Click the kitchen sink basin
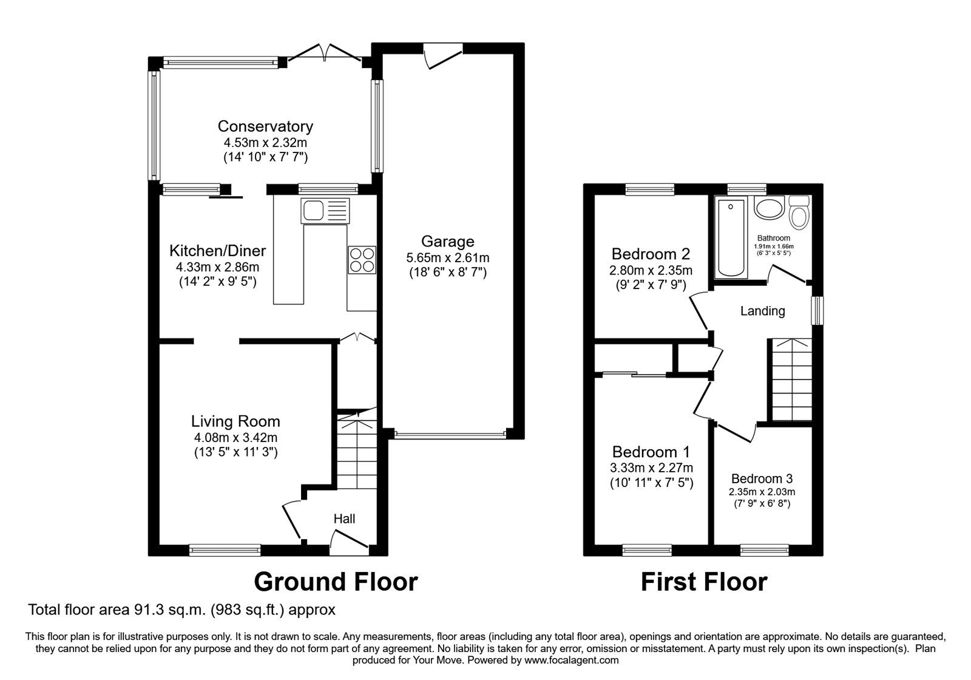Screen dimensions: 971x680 pyautogui.click(x=313, y=211)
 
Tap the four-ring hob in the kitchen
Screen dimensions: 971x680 pyautogui.click(x=362, y=260)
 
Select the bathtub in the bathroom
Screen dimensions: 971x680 pyautogui.click(x=731, y=237)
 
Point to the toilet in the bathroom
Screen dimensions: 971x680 pyautogui.click(x=799, y=212)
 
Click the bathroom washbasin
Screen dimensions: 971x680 pyautogui.click(x=770, y=208)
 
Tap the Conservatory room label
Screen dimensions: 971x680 pyautogui.click(x=265, y=126)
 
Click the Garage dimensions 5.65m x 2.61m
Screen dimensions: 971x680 pyautogui.click(x=448, y=257)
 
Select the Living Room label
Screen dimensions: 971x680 pyautogui.click(x=235, y=421)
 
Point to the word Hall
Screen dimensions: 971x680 pyautogui.click(x=344, y=518)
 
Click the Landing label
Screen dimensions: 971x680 pyautogui.click(x=762, y=311)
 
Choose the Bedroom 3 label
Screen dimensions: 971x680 pyautogui.click(x=762, y=479)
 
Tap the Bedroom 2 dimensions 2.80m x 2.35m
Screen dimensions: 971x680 pyautogui.click(x=651, y=271)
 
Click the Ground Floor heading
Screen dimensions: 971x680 pyautogui.click(x=336, y=582)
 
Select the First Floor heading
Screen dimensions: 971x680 pyautogui.click(x=704, y=582)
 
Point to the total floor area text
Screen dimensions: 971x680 pyautogui.click(x=181, y=610)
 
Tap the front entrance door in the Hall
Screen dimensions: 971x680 pyautogui.click(x=349, y=542)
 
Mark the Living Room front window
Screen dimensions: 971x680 pyautogui.click(x=225, y=550)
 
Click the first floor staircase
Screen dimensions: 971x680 pyautogui.click(x=792, y=379)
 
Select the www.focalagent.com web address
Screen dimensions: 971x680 pyautogui.click(x=571, y=660)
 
